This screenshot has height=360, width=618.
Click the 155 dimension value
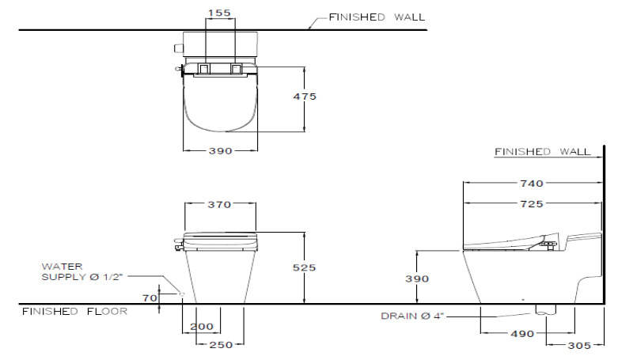coord(221,13)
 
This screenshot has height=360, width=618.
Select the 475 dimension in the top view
coord(305,97)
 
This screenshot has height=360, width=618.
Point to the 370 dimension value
coord(219,205)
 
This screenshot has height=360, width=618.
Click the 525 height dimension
coord(305,268)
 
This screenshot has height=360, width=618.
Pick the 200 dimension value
coord(201,327)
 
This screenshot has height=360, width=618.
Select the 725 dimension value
coord(531,204)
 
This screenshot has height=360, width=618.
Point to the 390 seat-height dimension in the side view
coord(417,279)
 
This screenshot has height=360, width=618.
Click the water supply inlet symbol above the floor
coord(182,294)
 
